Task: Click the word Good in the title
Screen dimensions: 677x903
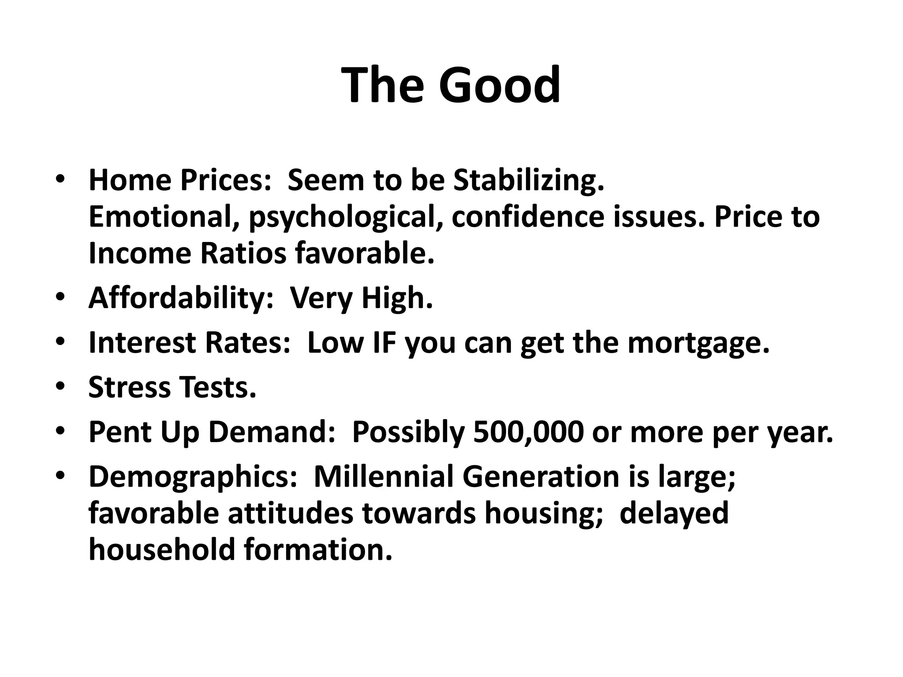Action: (x=499, y=85)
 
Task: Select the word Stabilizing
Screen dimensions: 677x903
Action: (x=529, y=181)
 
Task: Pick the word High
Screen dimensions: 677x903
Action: (x=397, y=298)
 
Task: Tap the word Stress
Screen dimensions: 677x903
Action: (x=129, y=387)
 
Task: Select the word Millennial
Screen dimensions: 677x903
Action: (x=384, y=477)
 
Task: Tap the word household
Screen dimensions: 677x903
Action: (x=161, y=550)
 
